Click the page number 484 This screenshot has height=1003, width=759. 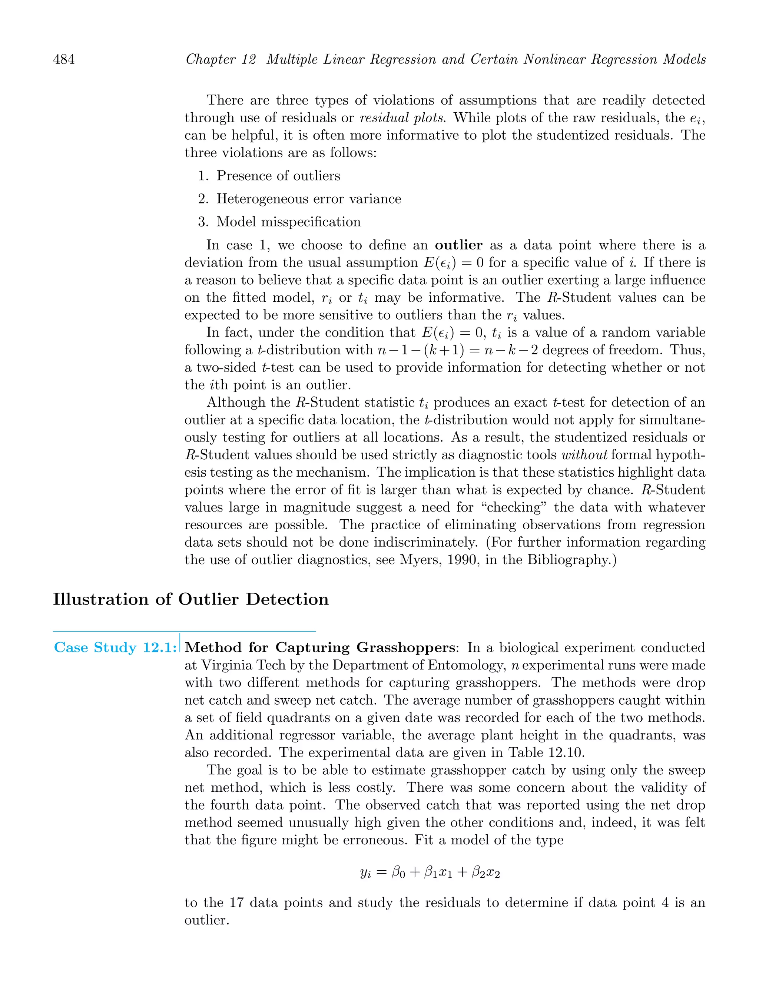point(64,59)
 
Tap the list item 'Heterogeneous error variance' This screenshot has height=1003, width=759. point(308,199)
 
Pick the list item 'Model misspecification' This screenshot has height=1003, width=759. point(288,222)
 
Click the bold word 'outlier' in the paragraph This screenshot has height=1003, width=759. point(458,245)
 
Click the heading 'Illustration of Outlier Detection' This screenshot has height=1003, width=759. point(190,599)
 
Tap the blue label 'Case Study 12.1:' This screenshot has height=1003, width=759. point(115,648)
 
